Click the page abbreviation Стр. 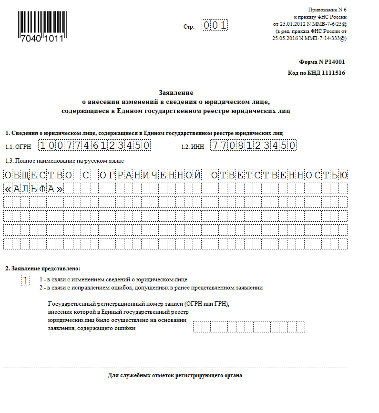(189, 27)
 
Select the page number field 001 (215, 25)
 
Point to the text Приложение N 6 (328, 10)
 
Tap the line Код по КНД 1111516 (317, 73)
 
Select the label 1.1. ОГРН (18, 146)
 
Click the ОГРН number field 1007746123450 (95, 145)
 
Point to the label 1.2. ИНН (193, 146)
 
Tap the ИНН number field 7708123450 (254, 145)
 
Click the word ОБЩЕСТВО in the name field (39, 175)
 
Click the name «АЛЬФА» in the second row (34, 189)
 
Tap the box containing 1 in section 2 (26, 281)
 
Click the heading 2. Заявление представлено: (43, 268)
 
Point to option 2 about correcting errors (151, 288)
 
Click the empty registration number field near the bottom (249, 327)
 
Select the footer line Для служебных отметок (175, 376)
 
